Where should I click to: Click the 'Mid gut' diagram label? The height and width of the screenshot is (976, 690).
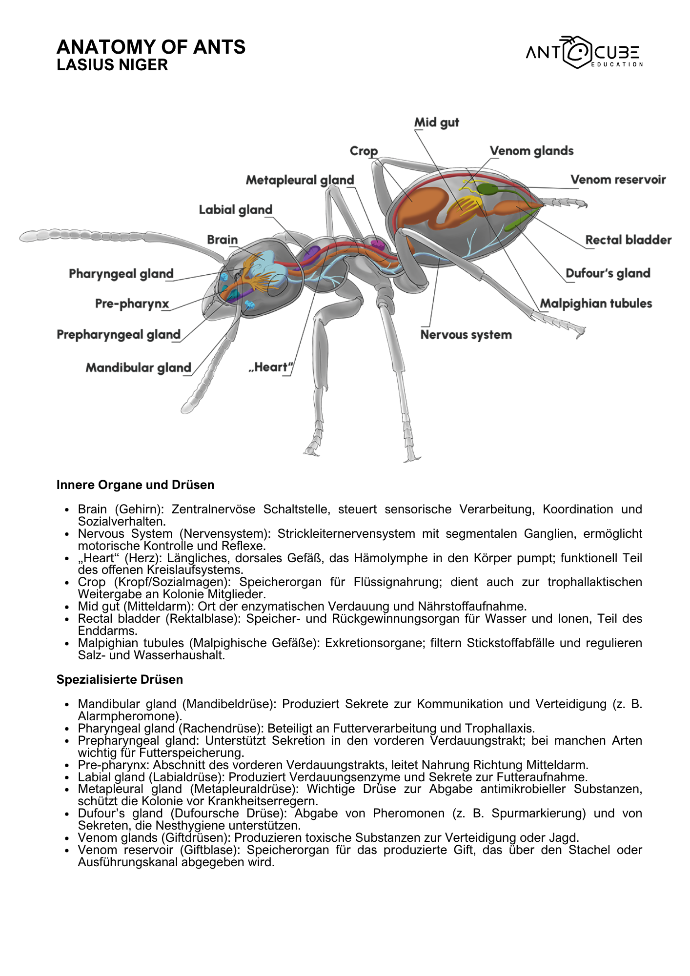coord(436,122)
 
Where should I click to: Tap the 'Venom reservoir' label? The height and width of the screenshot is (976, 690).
coord(618,180)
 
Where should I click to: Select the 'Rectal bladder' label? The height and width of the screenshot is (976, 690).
coord(628,240)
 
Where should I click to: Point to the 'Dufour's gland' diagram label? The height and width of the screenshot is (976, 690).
coord(608,273)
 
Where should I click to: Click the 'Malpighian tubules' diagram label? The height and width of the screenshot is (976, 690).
coord(595,304)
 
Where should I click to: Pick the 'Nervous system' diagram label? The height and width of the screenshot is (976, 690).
coord(466,335)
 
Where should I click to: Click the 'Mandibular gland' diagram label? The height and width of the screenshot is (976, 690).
coord(138,367)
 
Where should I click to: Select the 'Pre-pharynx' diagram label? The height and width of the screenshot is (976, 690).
coord(132,304)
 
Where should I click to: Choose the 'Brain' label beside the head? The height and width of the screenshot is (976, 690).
coord(222,240)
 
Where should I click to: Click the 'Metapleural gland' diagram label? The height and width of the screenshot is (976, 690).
coord(300,180)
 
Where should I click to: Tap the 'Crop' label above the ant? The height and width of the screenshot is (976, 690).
coord(364,151)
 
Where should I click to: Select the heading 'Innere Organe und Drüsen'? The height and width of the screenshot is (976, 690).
coord(135,485)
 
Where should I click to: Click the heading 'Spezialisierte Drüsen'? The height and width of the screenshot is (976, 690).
coord(120,679)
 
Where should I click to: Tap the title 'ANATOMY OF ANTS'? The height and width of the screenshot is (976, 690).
coord(151,47)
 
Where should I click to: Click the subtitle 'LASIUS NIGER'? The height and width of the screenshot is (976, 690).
coord(112,65)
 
